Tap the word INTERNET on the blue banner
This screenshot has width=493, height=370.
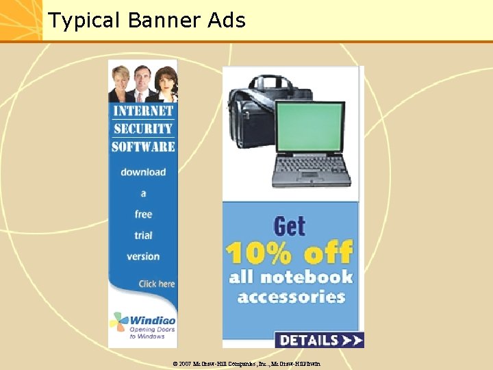143,111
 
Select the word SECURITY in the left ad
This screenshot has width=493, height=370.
143,128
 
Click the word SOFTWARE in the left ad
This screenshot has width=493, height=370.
143,146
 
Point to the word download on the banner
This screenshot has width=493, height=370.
143,172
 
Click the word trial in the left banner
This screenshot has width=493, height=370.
143,235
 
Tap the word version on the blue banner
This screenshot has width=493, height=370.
143,256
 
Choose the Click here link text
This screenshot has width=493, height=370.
157,284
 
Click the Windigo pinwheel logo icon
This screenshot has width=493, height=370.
119,321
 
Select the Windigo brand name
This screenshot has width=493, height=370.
152,320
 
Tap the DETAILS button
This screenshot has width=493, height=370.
319,340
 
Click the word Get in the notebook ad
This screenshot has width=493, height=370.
289,226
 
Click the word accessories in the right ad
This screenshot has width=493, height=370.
291,297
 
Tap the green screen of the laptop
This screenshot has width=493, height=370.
309,127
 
